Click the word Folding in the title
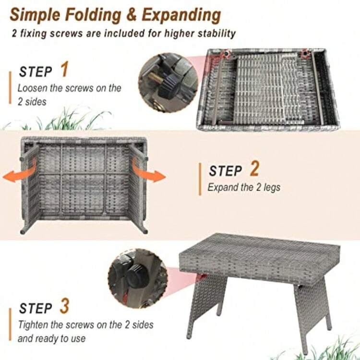(93, 15)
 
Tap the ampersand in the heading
(132, 15)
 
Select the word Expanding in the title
(181, 16)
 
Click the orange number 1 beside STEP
(64, 69)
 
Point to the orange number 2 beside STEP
(254, 168)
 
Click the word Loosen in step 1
(32, 88)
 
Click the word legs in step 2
(272, 188)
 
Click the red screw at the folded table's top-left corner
(227, 53)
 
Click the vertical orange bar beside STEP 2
(200, 179)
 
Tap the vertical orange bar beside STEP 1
(10, 88)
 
